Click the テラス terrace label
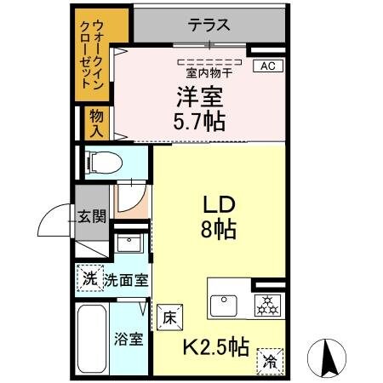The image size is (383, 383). pyautogui.click(x=209, y=25)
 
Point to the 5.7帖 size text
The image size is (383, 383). pyautogui.click(x=200, y=121)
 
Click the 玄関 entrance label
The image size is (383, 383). pyautogui.click(x=92, y=216)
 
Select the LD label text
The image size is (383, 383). pyautogui.click(x=218, y=205)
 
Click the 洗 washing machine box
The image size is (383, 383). pyautogui.click(x=89, y=277)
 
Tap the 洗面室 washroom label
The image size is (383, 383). pyautogui.click(x=125, y=279)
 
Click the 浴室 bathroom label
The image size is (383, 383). pyautogui.click(x=129, y=338)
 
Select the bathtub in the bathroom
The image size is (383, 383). pyautogui.click(x=91, y=339)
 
